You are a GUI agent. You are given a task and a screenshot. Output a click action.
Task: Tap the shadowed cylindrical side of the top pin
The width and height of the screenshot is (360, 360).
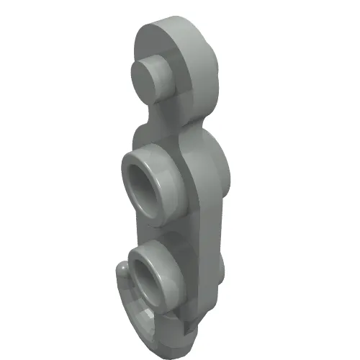pyautogui.click(x=167, y=84)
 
